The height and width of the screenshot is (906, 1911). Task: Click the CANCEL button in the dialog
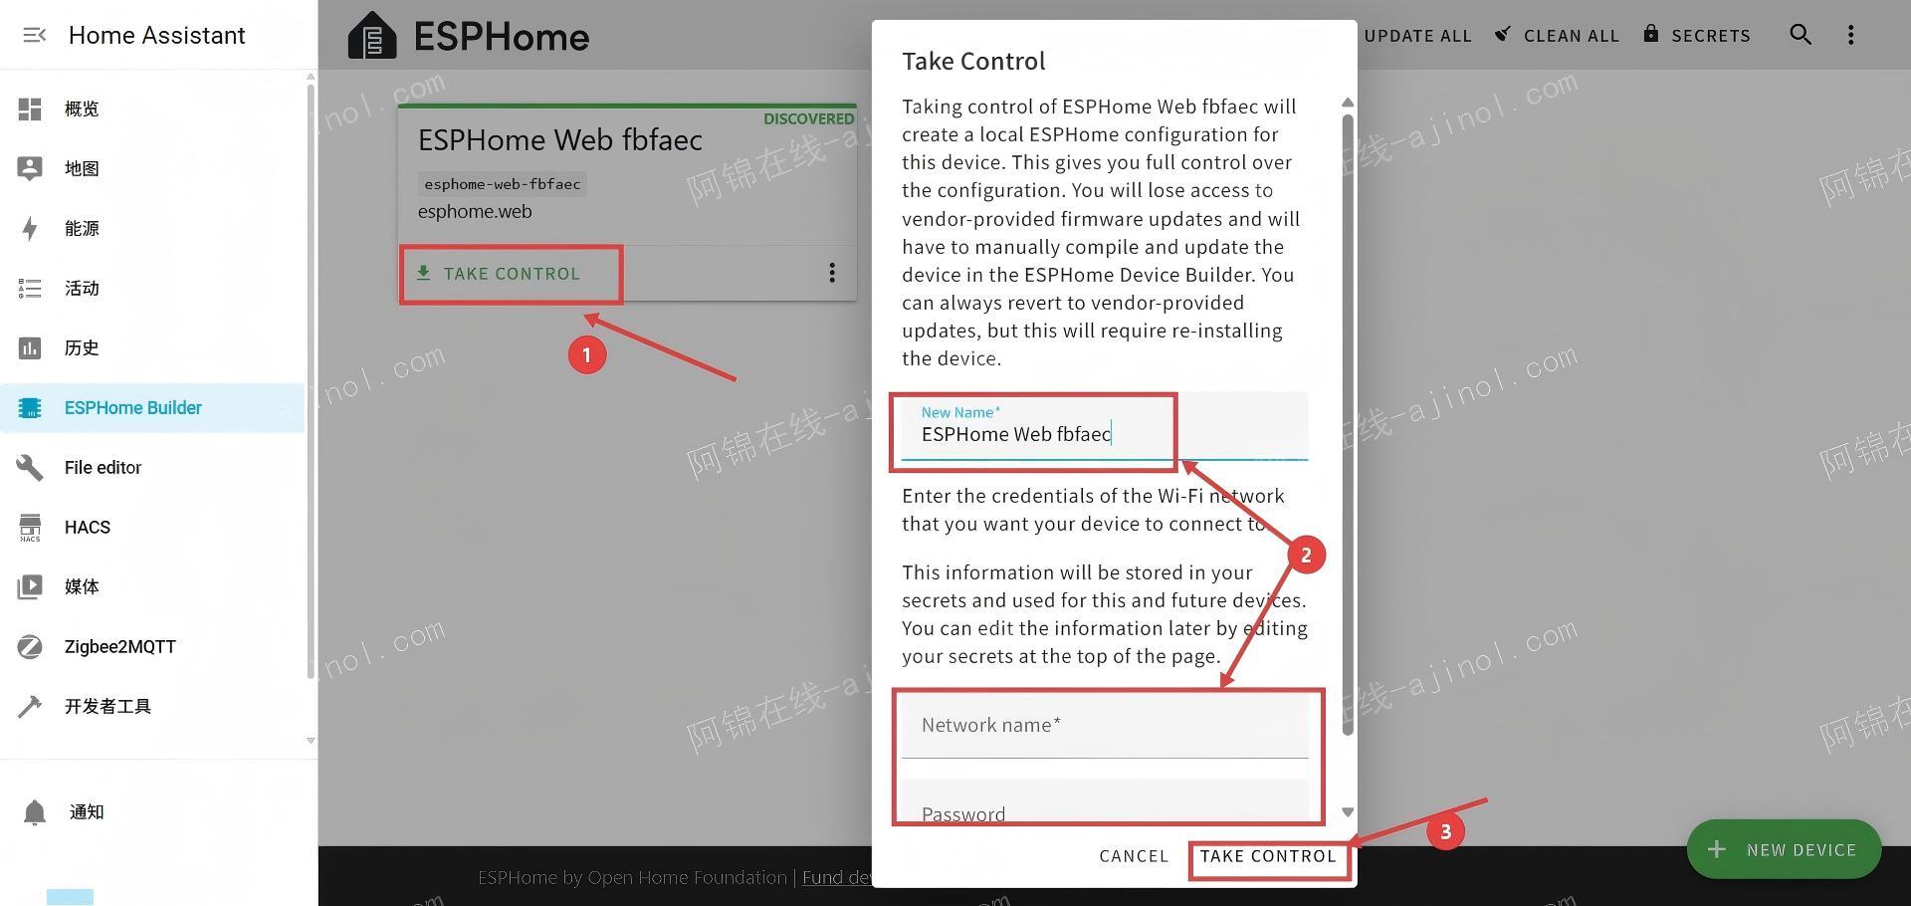pyautogui.click(x=1134, y=856)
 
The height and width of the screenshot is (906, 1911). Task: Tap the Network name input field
pyautogui.click(x=1105, y=726)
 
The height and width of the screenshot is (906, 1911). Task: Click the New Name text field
pyautogui.click(x=1105, y=426)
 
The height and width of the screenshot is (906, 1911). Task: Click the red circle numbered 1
pyautogui.click(x=587, y=355)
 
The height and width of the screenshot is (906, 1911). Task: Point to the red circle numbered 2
pyautogui.click(x=1306, y=555)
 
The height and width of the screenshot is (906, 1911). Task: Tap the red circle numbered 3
pyautogui.click(x=1446, y=831)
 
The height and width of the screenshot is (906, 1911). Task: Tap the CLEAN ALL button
pyautogui.click(x=1558, y=36)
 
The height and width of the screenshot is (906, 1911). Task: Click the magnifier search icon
pyautogui.click(x=1800, y=35)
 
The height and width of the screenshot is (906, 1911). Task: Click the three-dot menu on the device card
pyautogui.click(x=832, y=273)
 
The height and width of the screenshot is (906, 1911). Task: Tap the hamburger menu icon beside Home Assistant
pyautogui.click(x=34, y=35)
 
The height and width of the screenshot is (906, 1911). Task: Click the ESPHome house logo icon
pyautogui.click(x=372, y=36)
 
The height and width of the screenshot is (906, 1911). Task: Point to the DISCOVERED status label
pyautogui.click(x=808, y=118)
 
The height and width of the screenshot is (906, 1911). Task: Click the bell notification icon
pyautogui.click(x=35, y=812)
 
